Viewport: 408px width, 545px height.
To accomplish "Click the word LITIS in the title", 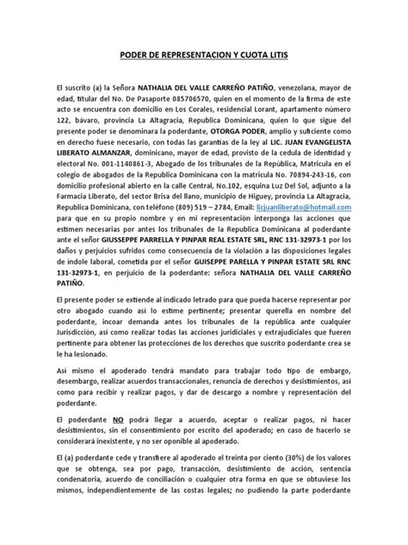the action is tap(281, 55).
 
